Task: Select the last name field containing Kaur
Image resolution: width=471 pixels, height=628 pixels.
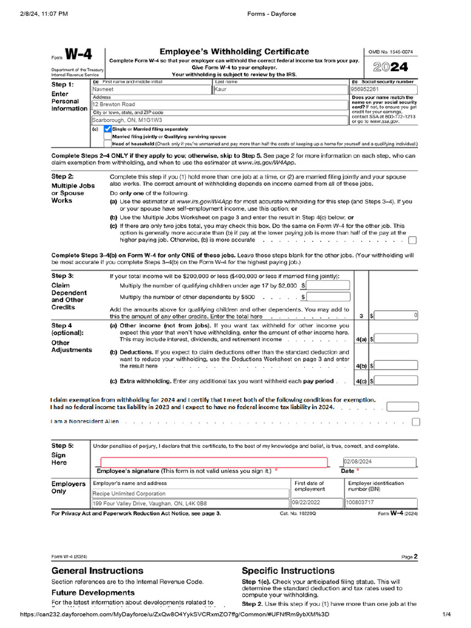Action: [280, 89]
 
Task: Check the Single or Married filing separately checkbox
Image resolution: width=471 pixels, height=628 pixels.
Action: [108, 129]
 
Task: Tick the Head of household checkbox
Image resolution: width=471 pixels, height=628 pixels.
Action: [108, 144]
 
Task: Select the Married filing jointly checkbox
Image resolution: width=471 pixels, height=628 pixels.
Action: [108, 137]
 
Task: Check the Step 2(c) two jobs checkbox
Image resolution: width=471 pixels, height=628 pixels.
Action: [412, 240]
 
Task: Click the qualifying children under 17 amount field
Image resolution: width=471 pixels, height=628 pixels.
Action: [328, 286]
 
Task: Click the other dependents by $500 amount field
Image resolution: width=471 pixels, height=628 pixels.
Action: [328, 297]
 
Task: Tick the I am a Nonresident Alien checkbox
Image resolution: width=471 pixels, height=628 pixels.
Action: [416, 422]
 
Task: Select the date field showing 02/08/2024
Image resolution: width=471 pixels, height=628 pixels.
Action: [380, 462]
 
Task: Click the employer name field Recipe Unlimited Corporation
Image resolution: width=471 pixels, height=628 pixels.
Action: [190, 493]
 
